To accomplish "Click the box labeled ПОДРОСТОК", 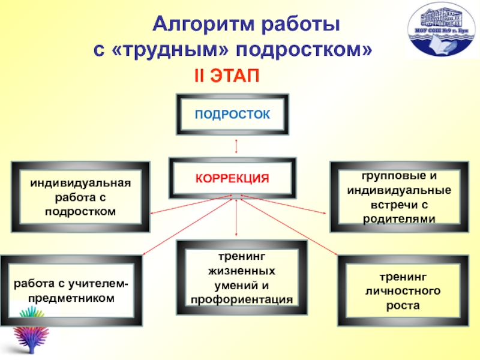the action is coord(232,113).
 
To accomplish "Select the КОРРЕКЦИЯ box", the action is coord(232,178).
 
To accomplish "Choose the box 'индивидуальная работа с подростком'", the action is coord(80,196).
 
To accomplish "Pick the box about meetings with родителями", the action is coord(399,197).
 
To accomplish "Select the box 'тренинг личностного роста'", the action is coord(403,290).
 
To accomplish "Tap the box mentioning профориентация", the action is coord(241,277).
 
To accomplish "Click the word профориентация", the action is coord(241,299).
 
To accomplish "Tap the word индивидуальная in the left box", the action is coord(80,182).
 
